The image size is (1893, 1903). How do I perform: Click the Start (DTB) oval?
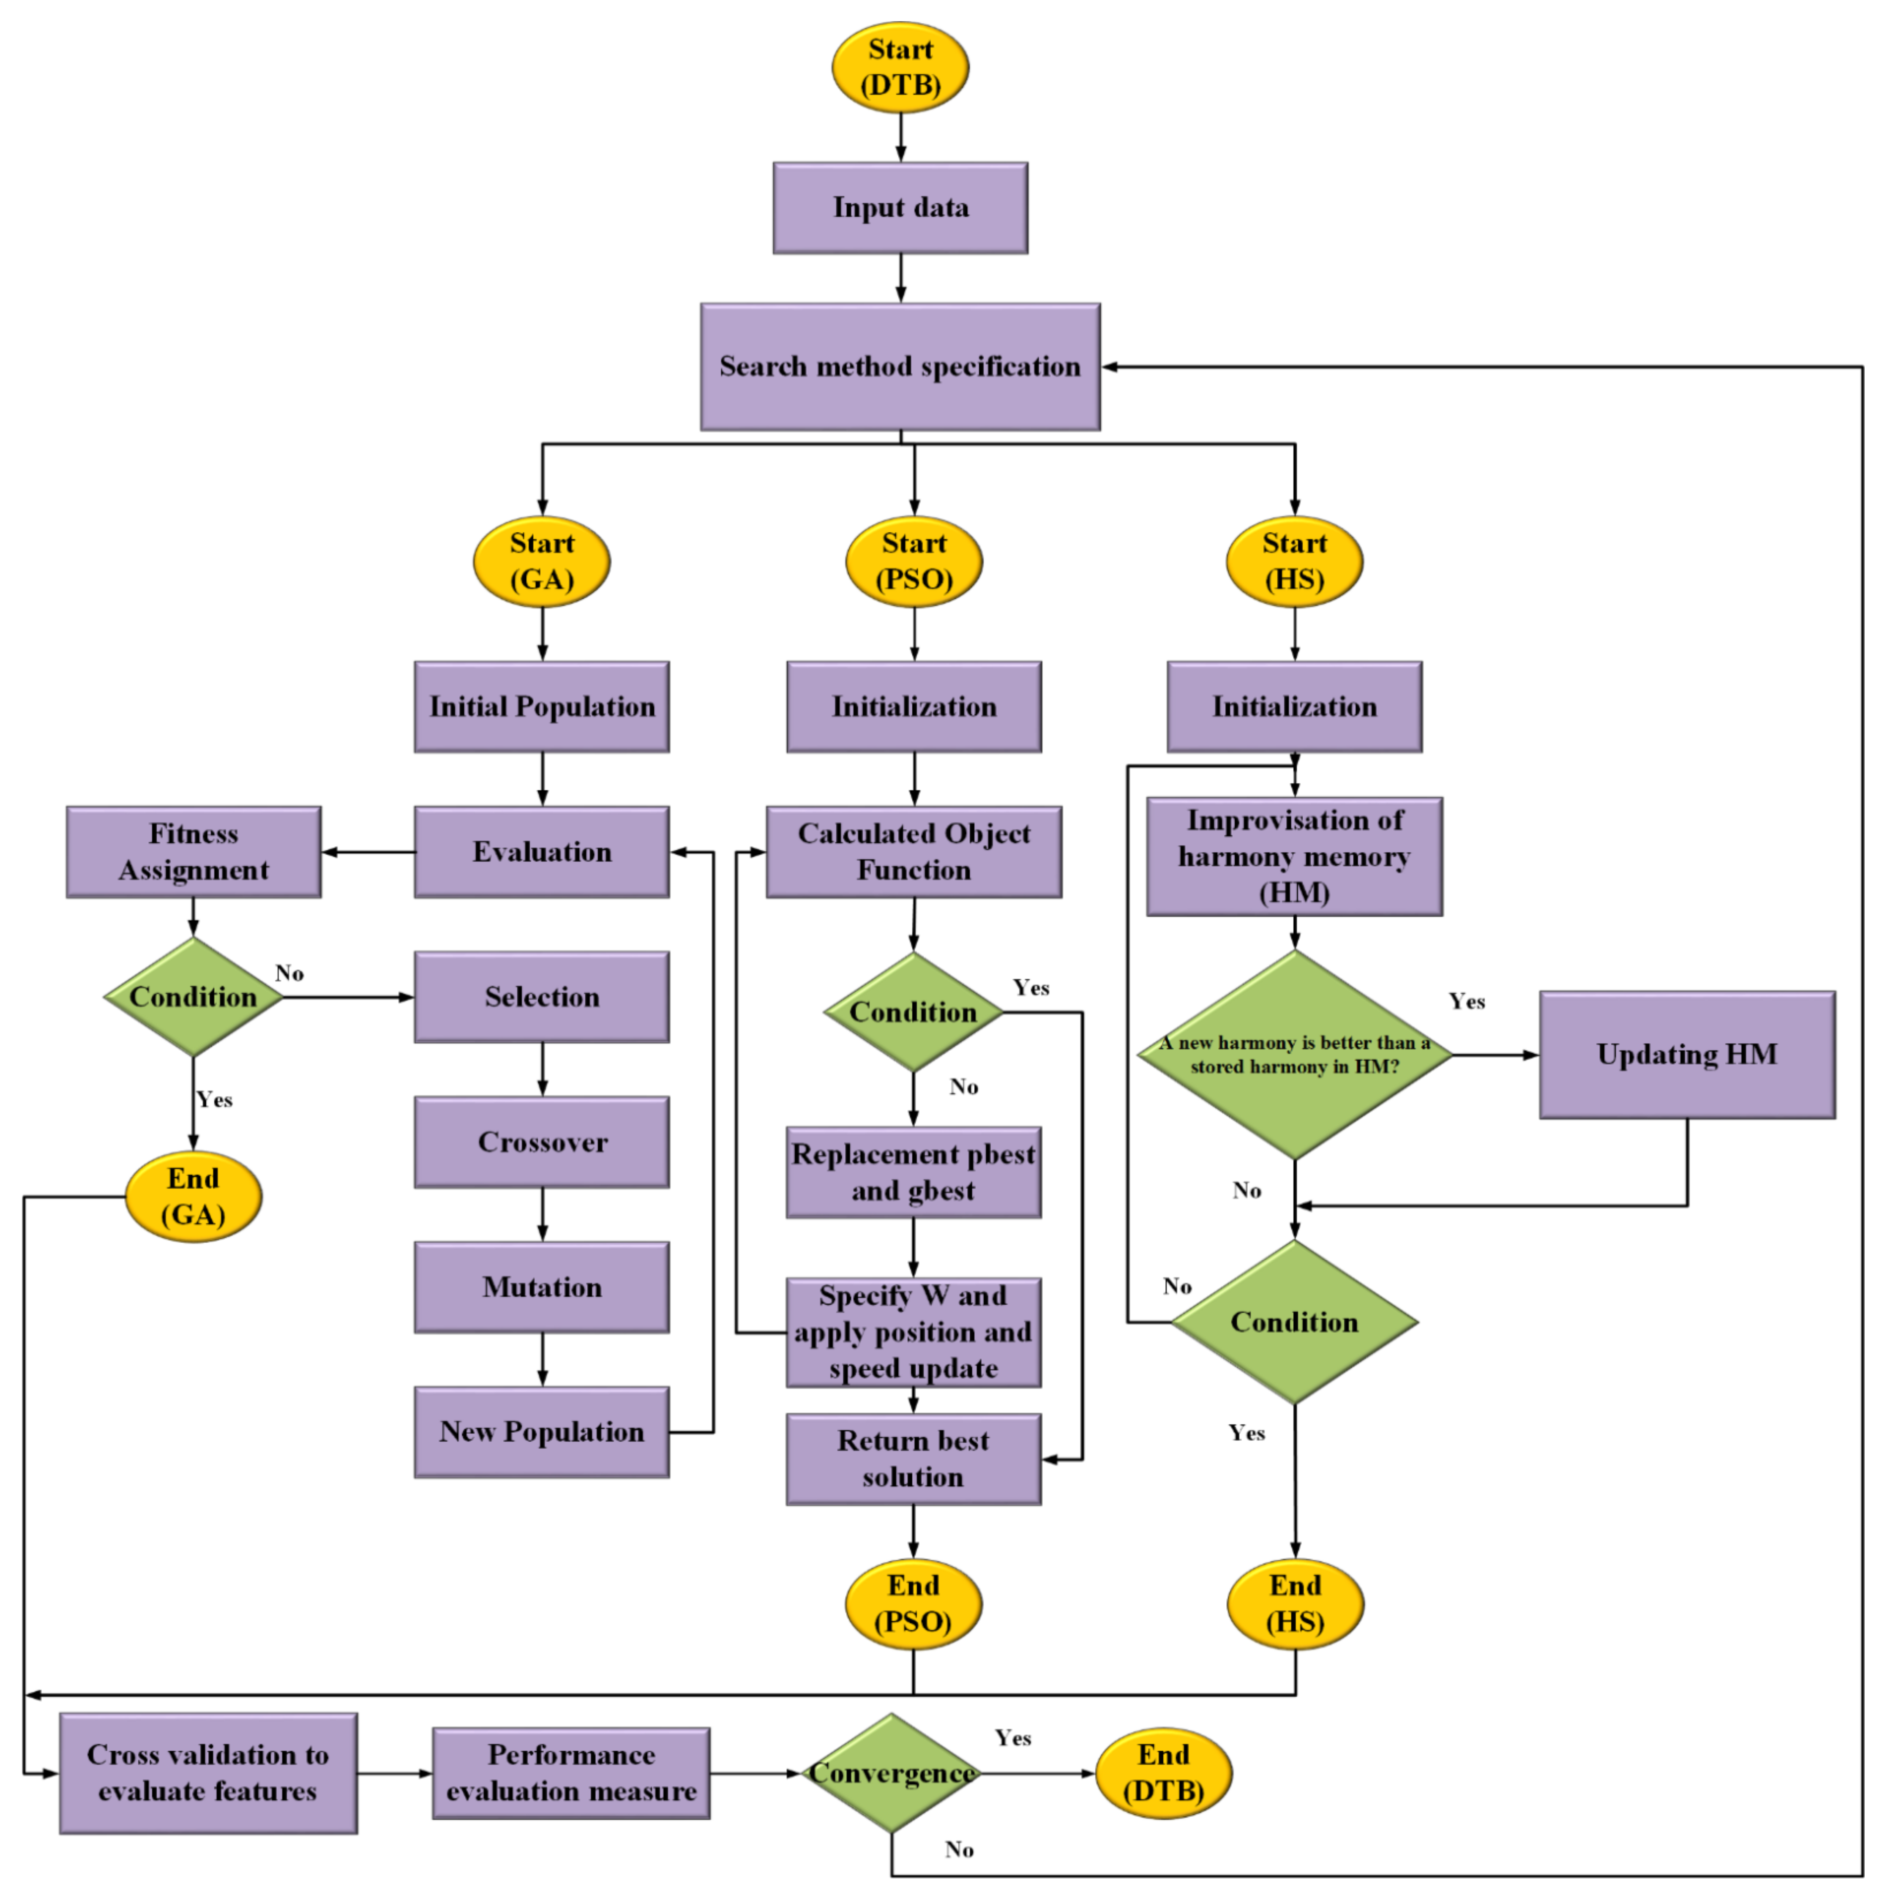tap(900, 67)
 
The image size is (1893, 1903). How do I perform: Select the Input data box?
tap(900, 208)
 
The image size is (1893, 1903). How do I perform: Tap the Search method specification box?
tap(900, 366)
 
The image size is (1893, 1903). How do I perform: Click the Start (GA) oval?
tap(542, 562)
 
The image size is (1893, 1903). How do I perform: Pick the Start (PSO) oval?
tap(914, 562)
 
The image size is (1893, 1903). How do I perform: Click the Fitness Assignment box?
tap(194, 852)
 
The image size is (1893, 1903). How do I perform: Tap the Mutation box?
tap(542, 1287)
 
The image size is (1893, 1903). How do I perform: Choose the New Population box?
tap(542, 1432)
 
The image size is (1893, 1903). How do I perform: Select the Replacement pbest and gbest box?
tap(913, 1172)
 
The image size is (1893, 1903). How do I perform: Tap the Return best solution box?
tap(913, 1459)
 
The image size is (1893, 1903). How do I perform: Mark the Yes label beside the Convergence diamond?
tap(1012, 1739)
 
